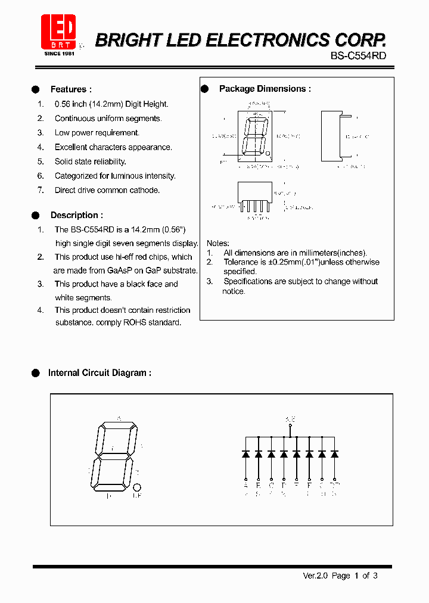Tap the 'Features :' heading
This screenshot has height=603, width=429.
[x=71, y=89]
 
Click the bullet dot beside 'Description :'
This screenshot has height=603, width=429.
[x=35, y=215]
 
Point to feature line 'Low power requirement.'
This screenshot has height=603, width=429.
[x=97, y=133]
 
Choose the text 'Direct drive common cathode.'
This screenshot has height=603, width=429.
[x=107, y=190]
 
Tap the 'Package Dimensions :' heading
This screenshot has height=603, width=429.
[x=265, y=89]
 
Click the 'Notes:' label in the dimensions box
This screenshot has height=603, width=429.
[x=217, y=243]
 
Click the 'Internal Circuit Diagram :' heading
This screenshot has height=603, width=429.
[x=100, y=373]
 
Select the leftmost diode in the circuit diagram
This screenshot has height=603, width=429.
[x=245, y=454]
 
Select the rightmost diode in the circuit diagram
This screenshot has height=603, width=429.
[x=335, y=454]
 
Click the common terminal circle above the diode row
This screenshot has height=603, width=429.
[x=290, y=426]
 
